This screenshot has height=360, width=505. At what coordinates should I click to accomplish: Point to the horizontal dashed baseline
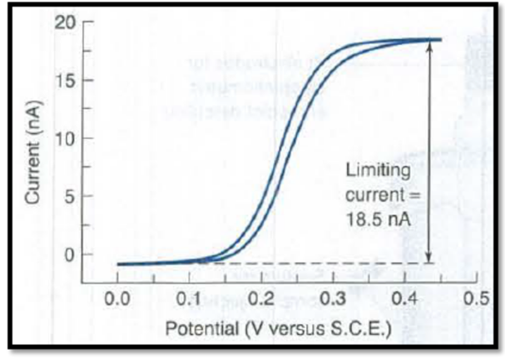tap(333, 264)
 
